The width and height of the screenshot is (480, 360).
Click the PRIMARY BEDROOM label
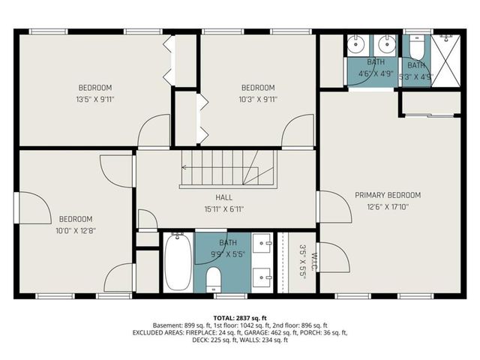click(388, 195)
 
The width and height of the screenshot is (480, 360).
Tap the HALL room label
click(224, 197)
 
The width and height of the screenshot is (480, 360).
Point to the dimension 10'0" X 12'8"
click(76, 231)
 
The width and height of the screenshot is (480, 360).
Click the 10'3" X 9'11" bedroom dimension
click(257, 98)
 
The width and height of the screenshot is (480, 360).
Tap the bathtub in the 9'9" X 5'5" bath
click(177, 262)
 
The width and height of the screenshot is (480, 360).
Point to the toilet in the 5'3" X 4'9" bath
click(416, 49)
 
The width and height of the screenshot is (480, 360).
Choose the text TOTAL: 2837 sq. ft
click(239, 318)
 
